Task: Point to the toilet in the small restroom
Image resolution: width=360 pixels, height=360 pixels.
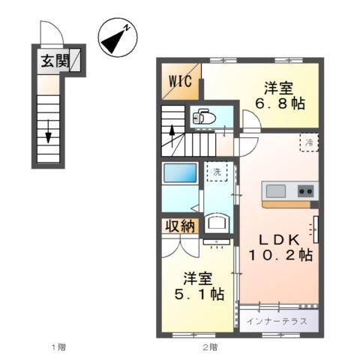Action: [x=203, y=117]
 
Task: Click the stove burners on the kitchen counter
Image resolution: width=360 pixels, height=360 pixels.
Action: [x=304, y=190]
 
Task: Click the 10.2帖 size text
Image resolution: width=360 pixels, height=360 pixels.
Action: [x=280, y=255]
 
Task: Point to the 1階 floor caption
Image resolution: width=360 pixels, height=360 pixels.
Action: [x=59, y=346]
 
